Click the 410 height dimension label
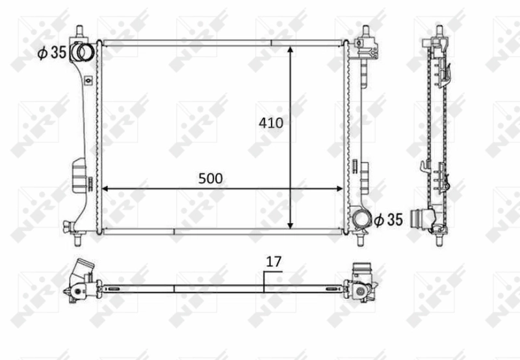coord(270,122)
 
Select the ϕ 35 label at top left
coord(51,53)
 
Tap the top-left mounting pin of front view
coord(79,32)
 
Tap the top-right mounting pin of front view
coord(365,32)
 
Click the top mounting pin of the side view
coord(439,32)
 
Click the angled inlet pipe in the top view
coord(82,270)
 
